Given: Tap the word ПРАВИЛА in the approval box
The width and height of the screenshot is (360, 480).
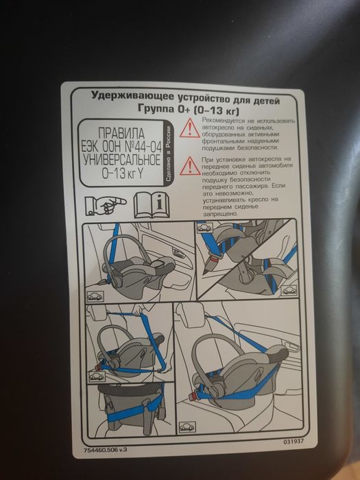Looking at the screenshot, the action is [x=121, y=134].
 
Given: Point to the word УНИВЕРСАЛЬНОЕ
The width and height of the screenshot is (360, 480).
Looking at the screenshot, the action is [x=122, y=160].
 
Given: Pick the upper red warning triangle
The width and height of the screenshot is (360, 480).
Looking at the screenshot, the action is [x=190, y=128].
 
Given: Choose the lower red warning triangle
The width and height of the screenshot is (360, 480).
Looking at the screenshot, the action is [x=190, y=167].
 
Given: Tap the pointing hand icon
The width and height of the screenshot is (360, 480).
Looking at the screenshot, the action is [x=106, y=206].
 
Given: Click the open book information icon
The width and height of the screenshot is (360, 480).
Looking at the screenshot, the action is [x=152, y=205].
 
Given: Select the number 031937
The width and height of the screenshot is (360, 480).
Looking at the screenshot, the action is [x=293, y=442].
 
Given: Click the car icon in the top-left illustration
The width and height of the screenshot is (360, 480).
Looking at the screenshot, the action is [x=95, y=296].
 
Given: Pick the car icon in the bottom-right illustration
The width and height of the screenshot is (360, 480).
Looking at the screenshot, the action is [x=187, y=427].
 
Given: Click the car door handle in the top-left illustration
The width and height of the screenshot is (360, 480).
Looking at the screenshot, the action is [x=178, y=252].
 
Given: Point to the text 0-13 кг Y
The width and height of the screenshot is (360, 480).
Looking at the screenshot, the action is [x=123, y=174].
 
